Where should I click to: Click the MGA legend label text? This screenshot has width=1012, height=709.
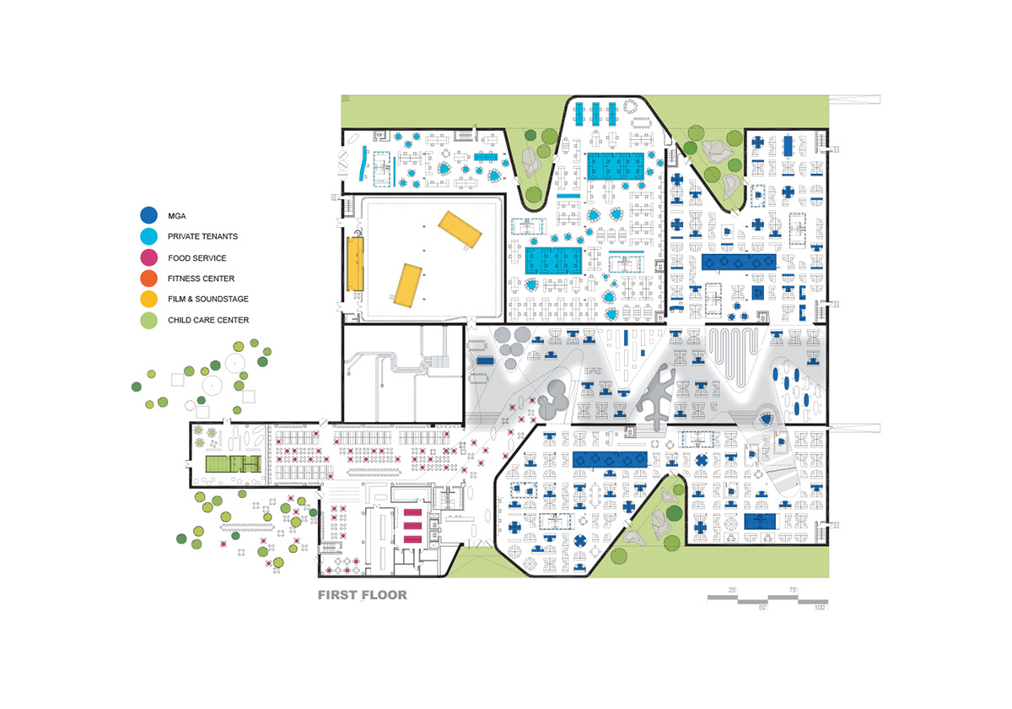pyautogui.click(x=176, y=216)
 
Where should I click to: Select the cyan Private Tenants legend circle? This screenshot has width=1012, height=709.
pyautogui.click(x=148, y=236)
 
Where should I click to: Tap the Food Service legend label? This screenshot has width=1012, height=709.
pyautogui.click(x=197, y=257)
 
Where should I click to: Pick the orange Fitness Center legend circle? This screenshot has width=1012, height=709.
pyautogui.click(x=148, y=278)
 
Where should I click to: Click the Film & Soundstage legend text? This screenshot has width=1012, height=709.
pyautogui.click(x=208, y=299)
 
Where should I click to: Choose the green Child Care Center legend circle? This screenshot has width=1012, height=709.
pyautogui.click(x=148, y=320)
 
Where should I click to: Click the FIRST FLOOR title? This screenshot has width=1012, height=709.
pyautogui.click(x=363, y=594)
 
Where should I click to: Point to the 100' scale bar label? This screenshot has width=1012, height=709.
pyautogui.click(x=820, y=608)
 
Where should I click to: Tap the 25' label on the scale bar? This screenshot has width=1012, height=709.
pyautogui.click(x=732, y=590)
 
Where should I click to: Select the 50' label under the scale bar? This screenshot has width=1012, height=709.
pyautogui.click(x=762, y=608)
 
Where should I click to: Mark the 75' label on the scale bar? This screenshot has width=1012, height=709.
pyautogui.click(x=793, y=590)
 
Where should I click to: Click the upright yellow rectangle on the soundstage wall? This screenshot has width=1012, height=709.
pyautogui.click(x=355, y=264)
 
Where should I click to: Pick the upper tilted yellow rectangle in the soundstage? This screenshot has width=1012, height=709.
pyautogui.click(x=460, y=230)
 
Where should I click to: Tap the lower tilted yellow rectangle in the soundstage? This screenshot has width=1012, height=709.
pyautogui.click(x=408, y=286)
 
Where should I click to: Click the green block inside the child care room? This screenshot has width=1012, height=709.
pyautogui.click(x=233, y=464)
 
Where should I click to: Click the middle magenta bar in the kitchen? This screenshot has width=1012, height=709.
pyautogui.click(x=412, y=525)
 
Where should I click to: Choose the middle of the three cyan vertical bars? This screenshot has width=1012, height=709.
pyautogui.click(x=595, y=115)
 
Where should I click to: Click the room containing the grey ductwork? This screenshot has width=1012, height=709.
pyautogui.click(x=403, y=373)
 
